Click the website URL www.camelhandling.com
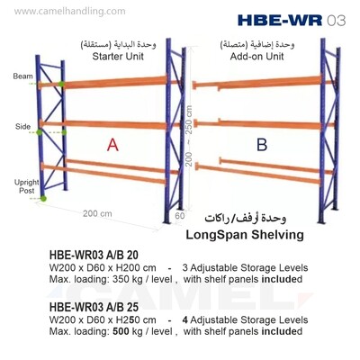[69, 12]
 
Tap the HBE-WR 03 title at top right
[292, 21]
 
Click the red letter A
[112, 145]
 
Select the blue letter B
[262, 145]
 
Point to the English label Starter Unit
[118, 56]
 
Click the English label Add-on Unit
[256, 56]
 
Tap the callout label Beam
[22, 76]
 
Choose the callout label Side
[22, 127]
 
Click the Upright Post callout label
[27, 186]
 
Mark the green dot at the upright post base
[43, 198]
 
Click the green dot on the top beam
[61, 84]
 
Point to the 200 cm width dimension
[97, 213]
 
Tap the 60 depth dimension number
[180, 216]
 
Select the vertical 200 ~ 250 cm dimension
[189, 136]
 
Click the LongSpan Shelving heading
[245, 235]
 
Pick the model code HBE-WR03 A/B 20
[94, 255]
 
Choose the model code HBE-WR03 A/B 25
[94, 307]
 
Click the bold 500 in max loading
[121, 331]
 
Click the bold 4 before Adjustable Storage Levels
[184, 319]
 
